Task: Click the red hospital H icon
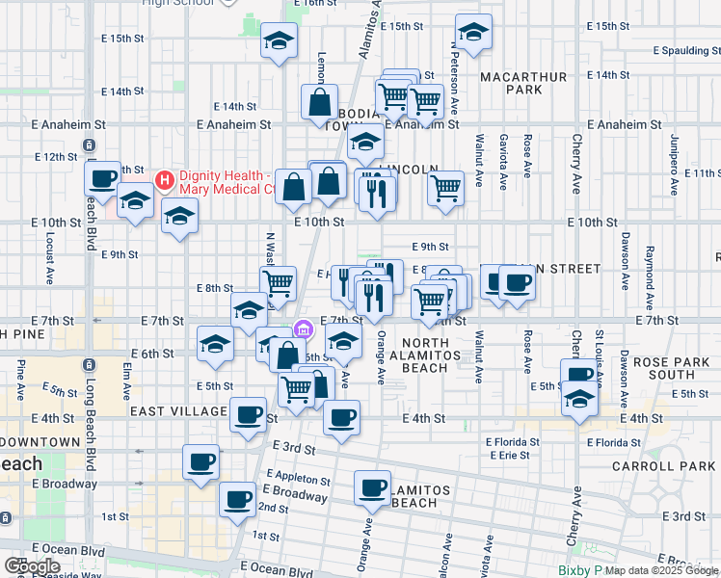click(x=164, y=180)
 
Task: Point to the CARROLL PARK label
click(x=664, y=466)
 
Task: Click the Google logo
click(x=32, y=566)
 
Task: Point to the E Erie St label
click(x=509, y=455)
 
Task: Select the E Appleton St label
click(x=302, y=478)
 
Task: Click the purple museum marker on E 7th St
click(x=303, y=329)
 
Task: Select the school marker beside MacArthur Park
click(x=473, y=33)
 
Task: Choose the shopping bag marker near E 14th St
click(x=319, y=101)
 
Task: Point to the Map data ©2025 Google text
click(x=661, y=570)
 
